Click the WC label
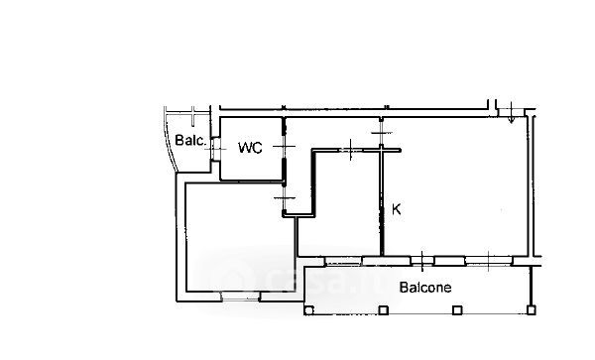250,148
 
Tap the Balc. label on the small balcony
190,141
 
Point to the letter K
396,209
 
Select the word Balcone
425,288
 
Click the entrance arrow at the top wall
511,112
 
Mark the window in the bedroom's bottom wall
241,296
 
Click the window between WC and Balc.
216,149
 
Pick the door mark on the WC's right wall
284,147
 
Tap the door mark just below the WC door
285,197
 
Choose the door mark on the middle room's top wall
350,150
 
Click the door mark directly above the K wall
382,133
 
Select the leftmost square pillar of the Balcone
308,310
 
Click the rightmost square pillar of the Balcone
532,310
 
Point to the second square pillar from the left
383,310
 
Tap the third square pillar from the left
457,310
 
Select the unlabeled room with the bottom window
240,237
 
